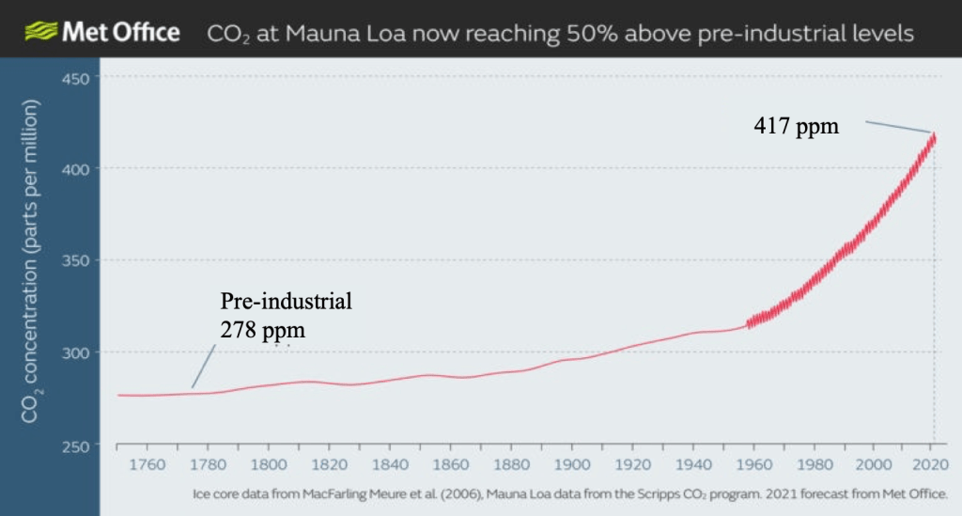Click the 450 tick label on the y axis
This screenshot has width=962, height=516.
pos(75,77)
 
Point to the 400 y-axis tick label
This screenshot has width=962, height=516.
pos(75,169)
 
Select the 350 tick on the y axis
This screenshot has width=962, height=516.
pos(75,260)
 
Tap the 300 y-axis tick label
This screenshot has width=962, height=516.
pos(75,352)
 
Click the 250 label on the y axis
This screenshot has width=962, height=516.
pos(75,445)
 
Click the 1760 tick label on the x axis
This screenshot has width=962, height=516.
pos(147,464)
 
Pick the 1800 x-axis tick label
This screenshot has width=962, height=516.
pos(269,464)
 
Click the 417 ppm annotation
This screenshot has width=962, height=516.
pos(795,125)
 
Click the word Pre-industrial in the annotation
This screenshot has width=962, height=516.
pos(286,303)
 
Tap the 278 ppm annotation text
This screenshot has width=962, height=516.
pos(263,330)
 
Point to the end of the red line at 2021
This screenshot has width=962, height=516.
pos(934,137)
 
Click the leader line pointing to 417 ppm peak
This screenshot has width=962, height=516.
pos(898,127)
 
